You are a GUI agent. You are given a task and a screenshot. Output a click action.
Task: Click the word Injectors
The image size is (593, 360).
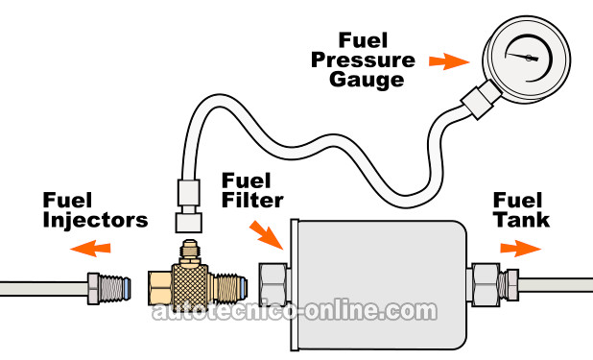tap(95, 220)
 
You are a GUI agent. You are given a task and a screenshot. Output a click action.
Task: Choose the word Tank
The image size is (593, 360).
tap(522, 220)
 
